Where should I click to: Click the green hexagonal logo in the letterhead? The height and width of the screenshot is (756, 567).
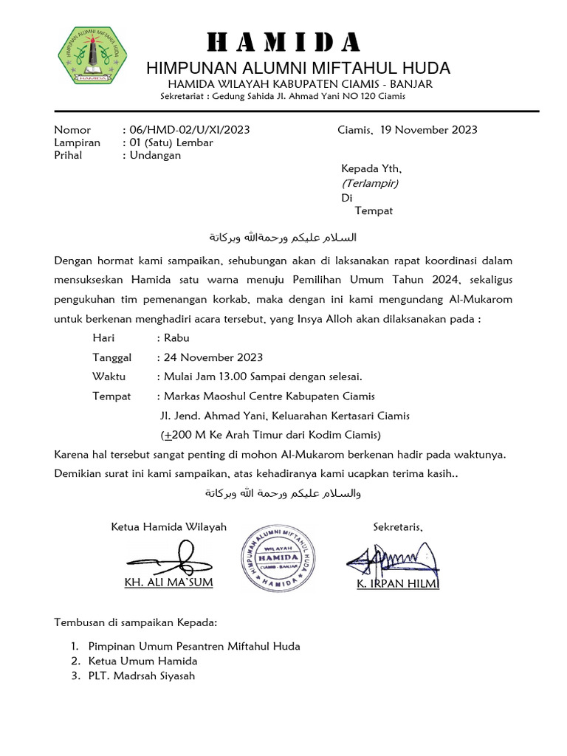[92, 54]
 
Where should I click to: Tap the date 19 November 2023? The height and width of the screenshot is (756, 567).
[429, 130]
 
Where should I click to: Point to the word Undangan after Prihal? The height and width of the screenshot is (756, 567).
[155, 155]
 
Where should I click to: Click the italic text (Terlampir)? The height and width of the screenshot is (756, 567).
[370, 183]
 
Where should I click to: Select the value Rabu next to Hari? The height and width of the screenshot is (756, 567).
[176, 338]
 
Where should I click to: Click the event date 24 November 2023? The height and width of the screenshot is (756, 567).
[213, 357]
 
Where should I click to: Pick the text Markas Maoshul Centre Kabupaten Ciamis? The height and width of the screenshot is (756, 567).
[269, 396]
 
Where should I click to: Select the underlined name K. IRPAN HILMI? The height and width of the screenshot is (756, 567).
[398, 584]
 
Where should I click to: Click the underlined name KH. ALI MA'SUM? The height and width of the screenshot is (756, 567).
[169, 584]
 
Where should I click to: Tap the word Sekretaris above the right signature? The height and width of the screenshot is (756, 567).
[398, 526]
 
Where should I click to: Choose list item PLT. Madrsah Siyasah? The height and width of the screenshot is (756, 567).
[142, 676]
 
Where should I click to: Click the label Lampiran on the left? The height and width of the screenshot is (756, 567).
[78, 142]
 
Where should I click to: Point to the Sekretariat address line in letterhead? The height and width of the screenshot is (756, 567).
[283, 97]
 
